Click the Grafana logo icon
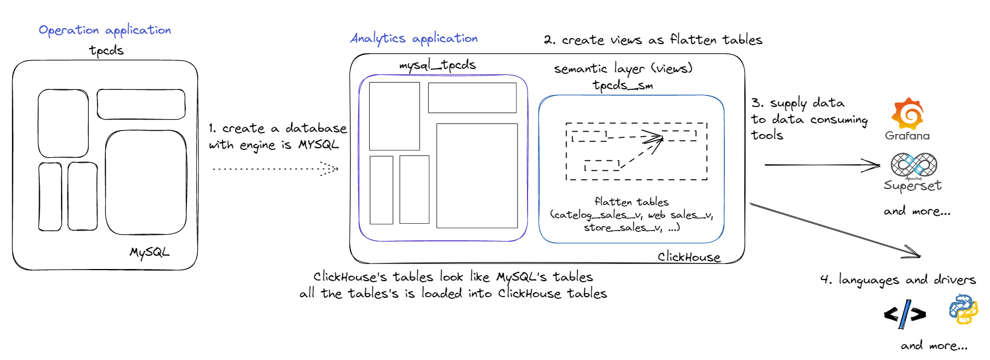(907, 114)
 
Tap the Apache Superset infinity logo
(913, 164)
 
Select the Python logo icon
(963, 309)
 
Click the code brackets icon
(905, 314)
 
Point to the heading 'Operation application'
(105, 30)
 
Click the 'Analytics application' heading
(414, 39)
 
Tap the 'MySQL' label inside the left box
(149, 252)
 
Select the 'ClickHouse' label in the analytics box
(688, 257)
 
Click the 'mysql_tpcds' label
(437, 65)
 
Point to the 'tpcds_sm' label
(622, 85)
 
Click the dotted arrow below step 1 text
(275, 169)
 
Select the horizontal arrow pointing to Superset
(821, 164)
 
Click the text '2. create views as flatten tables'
(653, 40)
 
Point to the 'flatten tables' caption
(631, 202)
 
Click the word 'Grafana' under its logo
(907, 136)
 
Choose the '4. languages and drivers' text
(898, 280)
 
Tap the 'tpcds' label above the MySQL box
(106, 51)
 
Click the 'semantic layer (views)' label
(623, 69)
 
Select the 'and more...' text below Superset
(917, 211)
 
